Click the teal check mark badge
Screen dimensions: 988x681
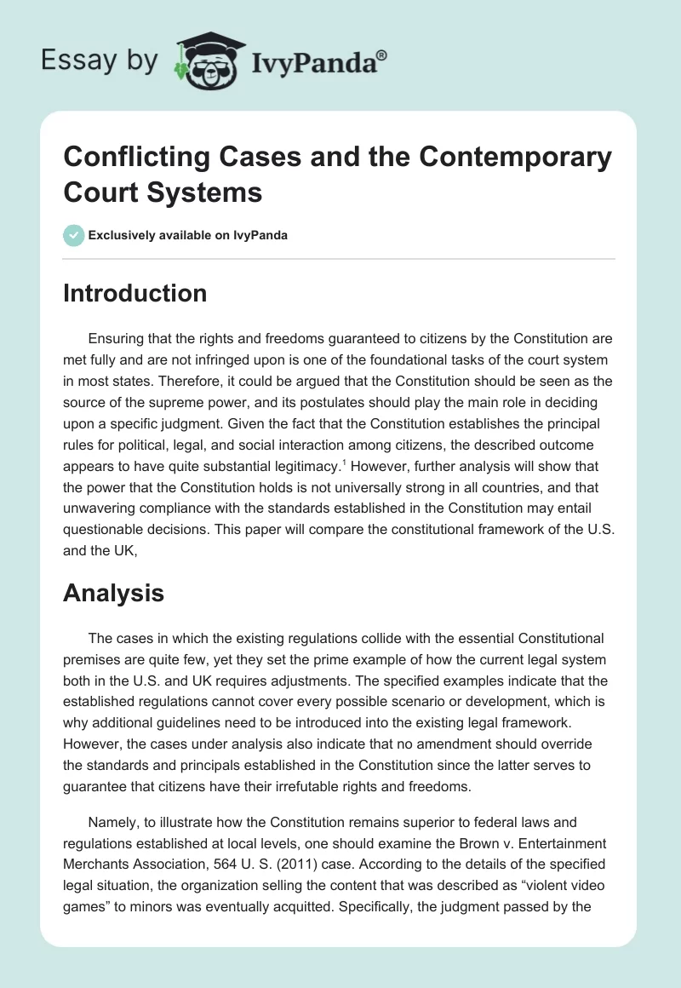pyautogui.click(x=74, y=235)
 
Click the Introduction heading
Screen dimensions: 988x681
pyautogui.click(x=134, y=293)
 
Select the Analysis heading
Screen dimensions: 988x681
pyautogui.click(x=113, y=593)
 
